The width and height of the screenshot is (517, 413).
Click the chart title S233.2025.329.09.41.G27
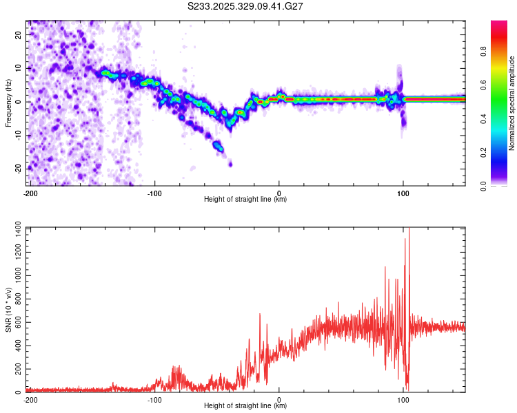point(246,6)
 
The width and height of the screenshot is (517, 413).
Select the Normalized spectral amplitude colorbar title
point(512,103)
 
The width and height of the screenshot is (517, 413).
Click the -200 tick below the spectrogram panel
point(30,192)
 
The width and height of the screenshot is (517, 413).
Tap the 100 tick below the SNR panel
point(403,399)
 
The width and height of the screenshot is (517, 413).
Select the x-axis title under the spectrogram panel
point(245,200)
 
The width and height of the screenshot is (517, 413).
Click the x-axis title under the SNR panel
point(245,407)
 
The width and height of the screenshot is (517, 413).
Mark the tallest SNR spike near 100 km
point(409,230)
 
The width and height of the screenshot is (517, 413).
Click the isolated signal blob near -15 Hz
point(219,146)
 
